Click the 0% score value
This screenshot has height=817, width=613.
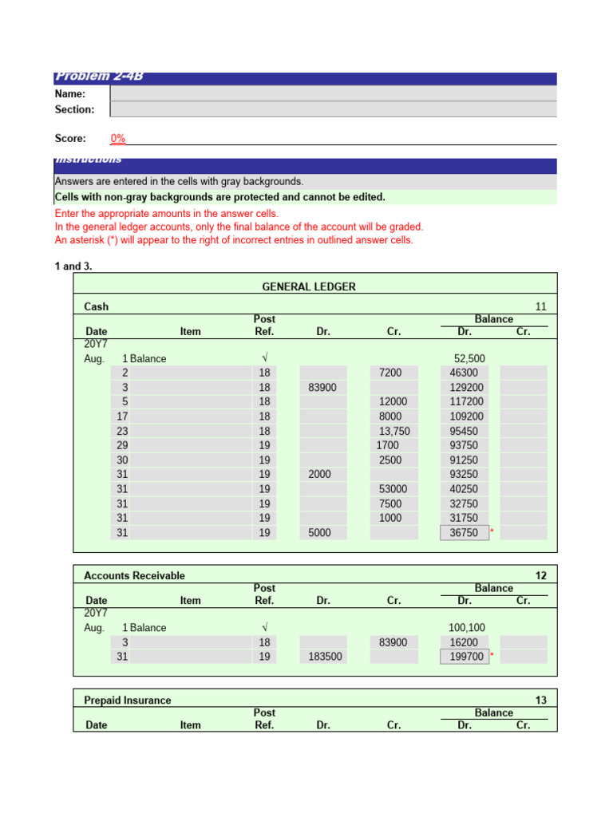click(118, 138)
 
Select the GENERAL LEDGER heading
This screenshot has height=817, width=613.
click(309, 286)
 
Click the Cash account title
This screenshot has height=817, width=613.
click(97, 306)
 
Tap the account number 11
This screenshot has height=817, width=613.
click(541, 306)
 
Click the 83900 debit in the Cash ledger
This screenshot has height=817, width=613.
click(322, 387)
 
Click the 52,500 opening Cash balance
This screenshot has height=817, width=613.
click(469, 358)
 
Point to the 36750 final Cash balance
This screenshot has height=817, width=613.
click(464, 532)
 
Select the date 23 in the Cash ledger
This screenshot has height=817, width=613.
click(122, 431)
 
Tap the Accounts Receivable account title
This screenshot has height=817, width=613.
click(134, 575)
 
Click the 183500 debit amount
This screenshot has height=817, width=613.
click(323, 657)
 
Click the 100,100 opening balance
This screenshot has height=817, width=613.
click(467, 628)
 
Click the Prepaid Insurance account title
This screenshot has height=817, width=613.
click(128, 700)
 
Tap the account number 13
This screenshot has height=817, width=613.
click(541, 700)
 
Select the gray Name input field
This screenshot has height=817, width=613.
click(333, 93)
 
